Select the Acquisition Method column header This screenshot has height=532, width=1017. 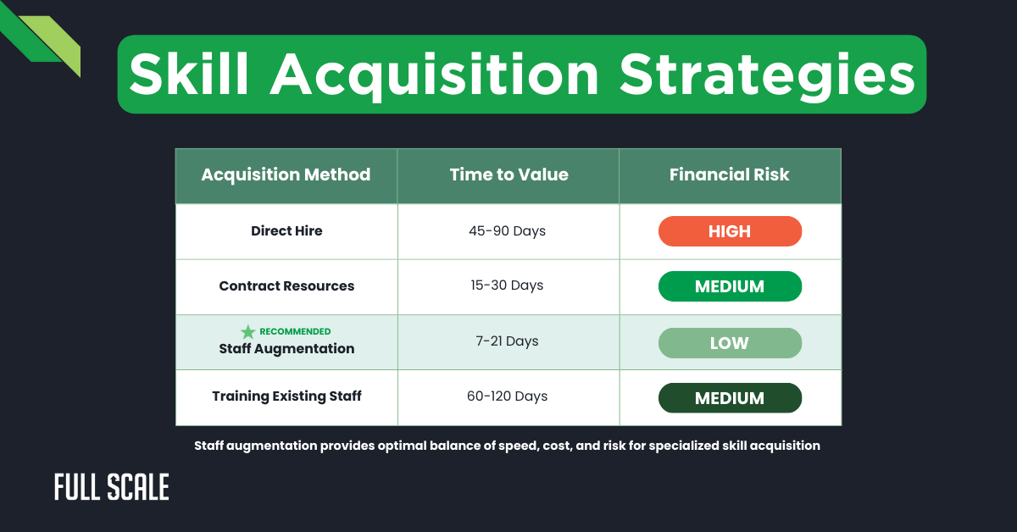tap(286, 175)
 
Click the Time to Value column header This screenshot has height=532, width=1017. tap(508, 175)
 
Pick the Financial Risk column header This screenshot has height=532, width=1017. tap(729, 175)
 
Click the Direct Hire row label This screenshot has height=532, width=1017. tap(286, 230)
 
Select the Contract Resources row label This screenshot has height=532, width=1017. tap(286, 286)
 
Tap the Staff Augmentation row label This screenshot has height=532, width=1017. tap(286, 348)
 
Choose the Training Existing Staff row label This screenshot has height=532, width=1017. tap(286, 396)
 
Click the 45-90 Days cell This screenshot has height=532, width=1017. tap(508, 231)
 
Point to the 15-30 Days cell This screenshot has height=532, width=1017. tap(508, 285)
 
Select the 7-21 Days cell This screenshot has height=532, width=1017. tap(508, 341)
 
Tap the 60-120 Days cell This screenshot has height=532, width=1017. tap(508, 396)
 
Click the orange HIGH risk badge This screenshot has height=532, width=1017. tap(730, 231)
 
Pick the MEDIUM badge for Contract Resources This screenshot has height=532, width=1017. tap(730, 286)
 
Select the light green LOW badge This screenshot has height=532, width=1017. tap(730, 342)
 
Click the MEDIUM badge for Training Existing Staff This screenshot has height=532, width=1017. tap(730, 398)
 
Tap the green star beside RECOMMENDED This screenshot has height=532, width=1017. tap(247, 332)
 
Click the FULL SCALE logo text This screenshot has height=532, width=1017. tap(111, 487)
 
